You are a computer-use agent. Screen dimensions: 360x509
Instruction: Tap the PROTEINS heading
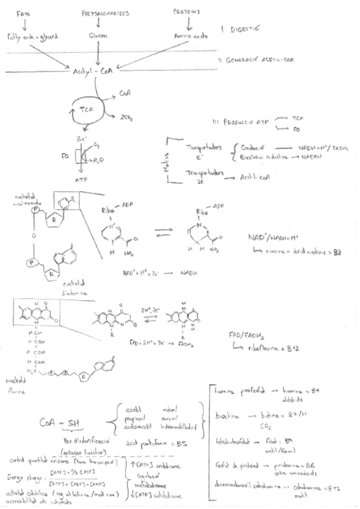188,11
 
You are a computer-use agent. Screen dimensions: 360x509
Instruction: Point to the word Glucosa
98,36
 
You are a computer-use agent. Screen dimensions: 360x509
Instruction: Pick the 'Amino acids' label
187,37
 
